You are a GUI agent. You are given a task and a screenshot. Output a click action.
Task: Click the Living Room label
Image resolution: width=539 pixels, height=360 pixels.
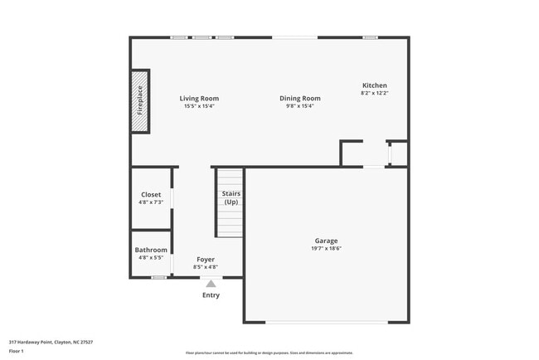pos(200,99)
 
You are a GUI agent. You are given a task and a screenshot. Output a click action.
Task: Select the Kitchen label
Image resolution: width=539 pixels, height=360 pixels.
pos(374,85)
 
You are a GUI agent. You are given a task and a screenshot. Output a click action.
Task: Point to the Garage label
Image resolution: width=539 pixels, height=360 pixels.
pos(326,241)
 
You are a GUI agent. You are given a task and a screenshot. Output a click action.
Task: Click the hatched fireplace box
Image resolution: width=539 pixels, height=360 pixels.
pos(139,101)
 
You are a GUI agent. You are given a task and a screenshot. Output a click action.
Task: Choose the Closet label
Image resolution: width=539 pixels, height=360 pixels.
pos(151,195)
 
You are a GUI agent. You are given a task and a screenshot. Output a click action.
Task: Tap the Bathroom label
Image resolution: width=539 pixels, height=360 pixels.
pos(151,250)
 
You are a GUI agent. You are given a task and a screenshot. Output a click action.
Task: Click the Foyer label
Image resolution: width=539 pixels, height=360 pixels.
pos(206,260)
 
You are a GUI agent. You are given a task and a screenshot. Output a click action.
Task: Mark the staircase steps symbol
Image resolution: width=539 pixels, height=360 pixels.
pos(231,216)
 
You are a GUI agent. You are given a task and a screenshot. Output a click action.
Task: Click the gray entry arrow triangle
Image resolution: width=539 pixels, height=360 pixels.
pos(211,284)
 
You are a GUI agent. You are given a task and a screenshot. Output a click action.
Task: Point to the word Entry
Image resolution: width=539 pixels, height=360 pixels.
pos(211,294)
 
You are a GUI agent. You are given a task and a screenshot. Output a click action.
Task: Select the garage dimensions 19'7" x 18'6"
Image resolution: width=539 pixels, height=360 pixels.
pos(326,249)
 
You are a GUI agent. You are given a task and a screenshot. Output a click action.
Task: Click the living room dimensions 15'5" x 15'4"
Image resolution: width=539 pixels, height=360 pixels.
pos(200,106)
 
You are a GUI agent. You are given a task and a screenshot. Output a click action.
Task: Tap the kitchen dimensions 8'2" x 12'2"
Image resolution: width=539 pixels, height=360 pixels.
pos(374,93)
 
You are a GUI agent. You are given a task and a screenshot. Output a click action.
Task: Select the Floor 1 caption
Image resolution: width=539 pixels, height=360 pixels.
pos(17,351)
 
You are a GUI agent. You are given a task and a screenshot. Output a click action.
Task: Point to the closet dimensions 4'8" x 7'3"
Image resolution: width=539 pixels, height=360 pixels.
pos(151,202)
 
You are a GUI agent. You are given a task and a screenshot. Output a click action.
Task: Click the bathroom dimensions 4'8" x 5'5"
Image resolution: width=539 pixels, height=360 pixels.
pos(151,258)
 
